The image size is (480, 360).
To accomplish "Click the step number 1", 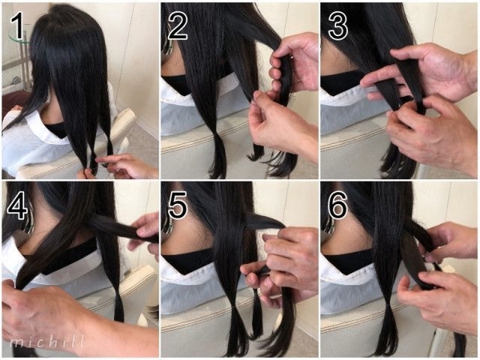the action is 18,26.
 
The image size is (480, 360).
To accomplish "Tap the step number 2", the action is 178,26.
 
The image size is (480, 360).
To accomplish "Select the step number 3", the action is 338,26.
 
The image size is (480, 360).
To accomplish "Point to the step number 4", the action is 17,206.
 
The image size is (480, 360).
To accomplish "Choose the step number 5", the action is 178,206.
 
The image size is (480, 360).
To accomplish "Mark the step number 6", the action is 338,206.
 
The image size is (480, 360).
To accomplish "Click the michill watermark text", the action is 46,341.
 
